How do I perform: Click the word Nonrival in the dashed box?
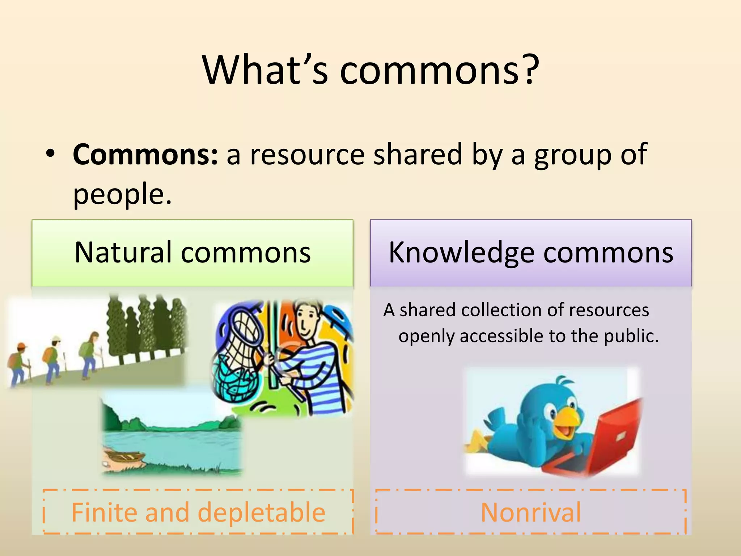click(x=531, y=513)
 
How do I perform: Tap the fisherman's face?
click(x=306, y=319)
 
